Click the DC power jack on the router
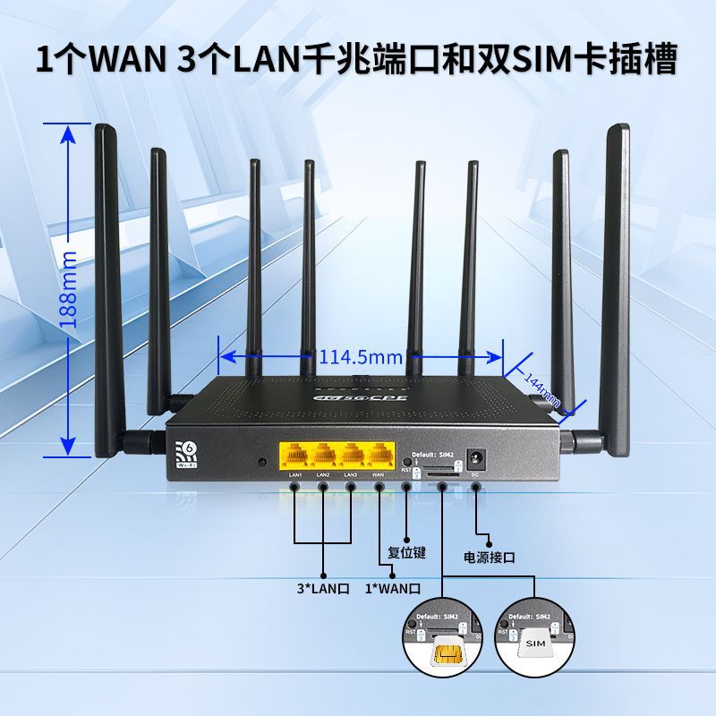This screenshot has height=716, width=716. (475, 460)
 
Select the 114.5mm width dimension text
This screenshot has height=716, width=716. (362, 357)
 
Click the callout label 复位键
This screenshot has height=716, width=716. (406, 552)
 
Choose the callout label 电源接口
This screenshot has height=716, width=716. (490, 557)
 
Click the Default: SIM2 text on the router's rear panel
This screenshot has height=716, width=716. (432, 455)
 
